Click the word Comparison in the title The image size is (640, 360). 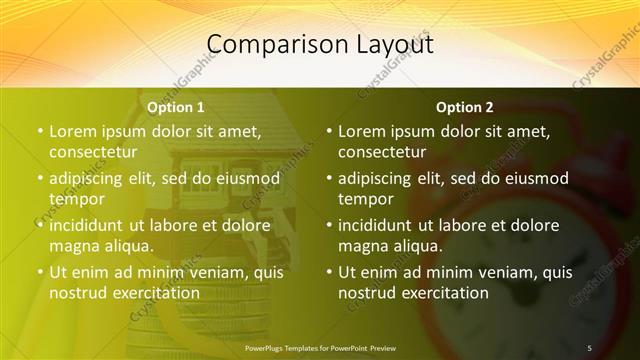click(x=267, y=45)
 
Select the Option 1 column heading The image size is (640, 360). click(x=176, y=106)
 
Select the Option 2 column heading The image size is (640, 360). click(x=465, y=106)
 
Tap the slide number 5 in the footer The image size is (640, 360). click(x=589, y=347)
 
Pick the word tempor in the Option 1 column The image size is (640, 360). click(x=76, y=199)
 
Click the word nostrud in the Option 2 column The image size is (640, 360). click(x=367, y=293)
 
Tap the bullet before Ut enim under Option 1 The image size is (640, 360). click(x=40, y=272)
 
